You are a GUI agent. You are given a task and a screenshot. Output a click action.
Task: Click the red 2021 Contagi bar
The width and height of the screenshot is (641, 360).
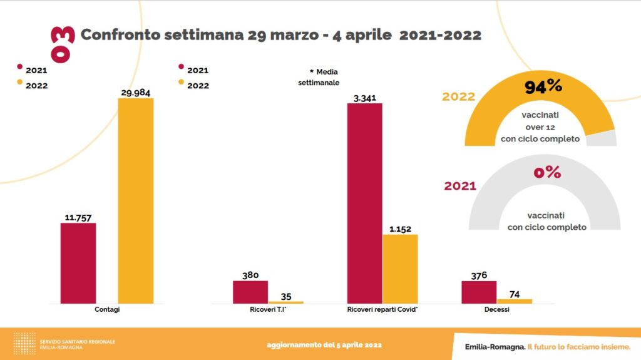tap(78, 263)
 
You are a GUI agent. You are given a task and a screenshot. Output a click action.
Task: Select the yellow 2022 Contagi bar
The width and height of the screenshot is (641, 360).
tap(136, 200)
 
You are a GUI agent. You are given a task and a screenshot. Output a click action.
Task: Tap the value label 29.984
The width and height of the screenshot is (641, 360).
tap(135, 93)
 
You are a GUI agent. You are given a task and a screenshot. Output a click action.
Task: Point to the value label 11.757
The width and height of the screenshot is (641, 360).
tap(78, 218)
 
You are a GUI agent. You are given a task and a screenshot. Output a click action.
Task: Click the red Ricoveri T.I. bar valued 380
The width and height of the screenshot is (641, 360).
tap(250, 292)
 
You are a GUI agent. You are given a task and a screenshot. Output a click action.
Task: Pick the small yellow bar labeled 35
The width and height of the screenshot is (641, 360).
tap(285, 302)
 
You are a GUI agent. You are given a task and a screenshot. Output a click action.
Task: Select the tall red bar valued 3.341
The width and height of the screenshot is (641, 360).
tap(364, 203)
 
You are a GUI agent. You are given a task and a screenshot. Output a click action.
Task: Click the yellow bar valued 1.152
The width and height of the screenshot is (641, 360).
tap(400, 269)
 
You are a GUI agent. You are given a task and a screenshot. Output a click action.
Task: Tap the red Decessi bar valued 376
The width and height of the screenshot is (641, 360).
tap(479, 292)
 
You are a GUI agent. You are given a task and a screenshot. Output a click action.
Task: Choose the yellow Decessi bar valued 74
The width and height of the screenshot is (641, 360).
tap(515, 301)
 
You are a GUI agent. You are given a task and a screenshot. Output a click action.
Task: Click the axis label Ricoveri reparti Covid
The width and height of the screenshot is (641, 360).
tap(382, 310)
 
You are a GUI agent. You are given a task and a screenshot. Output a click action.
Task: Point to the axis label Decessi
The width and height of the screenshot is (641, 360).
tap(496, 310)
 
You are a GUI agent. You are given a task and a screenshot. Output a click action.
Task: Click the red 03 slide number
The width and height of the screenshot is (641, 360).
tap(65, 44)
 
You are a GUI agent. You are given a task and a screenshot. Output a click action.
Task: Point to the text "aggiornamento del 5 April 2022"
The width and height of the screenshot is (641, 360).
tap(324, 345)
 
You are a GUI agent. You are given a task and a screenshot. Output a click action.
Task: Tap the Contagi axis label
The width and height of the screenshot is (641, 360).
tap(108, 310)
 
